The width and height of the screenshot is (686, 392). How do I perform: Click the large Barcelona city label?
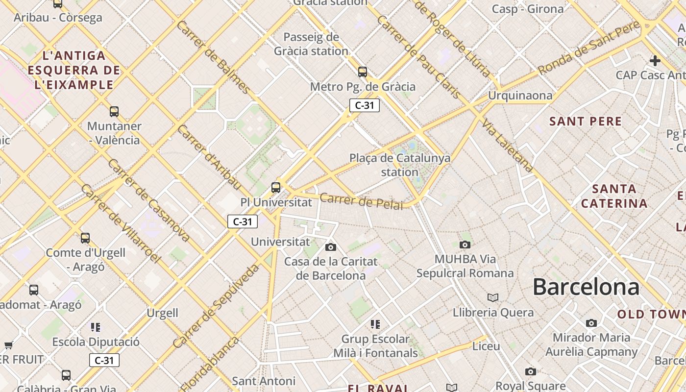pos(586,287)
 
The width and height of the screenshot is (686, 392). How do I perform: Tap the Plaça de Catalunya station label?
pos(400,165)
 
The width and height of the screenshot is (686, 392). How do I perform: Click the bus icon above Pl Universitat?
pos(276,187)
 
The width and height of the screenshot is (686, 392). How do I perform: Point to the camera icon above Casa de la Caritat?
pos(331,247)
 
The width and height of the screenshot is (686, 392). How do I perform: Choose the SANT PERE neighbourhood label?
pos(586,121)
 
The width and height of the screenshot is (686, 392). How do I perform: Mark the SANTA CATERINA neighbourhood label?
pos(614,196)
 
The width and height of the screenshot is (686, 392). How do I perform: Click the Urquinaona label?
pos(520,96)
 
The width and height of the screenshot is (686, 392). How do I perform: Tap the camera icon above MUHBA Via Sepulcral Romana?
pos(465,245)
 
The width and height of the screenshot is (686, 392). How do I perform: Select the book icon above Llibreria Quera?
pos(493,298)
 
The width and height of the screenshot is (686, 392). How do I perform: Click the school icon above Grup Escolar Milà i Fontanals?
pos(375,324)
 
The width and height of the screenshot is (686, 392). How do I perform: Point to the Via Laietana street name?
pos(508,145)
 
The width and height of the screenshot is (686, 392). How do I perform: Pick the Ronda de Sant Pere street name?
pos(588,48)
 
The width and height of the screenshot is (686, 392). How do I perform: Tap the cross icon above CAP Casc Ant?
pos(655,61)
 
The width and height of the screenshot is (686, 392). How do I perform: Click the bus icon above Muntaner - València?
pos(114,112)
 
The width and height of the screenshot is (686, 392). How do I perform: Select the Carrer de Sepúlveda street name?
pos(216,306)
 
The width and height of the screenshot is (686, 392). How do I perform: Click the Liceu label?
pos(486,346)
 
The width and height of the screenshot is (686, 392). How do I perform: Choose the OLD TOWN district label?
pos(651,315)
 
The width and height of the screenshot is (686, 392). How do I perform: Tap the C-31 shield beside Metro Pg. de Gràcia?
pos(365,105)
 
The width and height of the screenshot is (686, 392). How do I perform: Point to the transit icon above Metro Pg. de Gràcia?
pos(363,72)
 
